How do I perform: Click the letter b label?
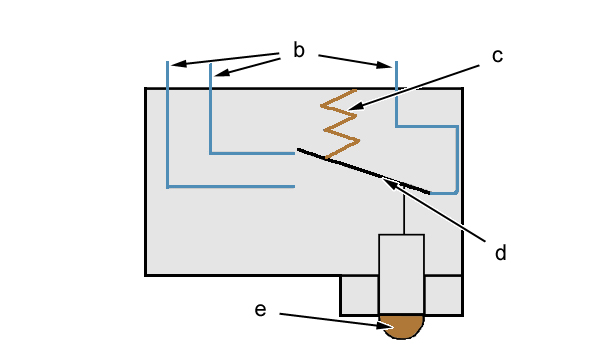point(298,50)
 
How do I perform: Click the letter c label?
point(497,56)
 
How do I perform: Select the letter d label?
point(500,253)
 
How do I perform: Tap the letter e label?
point(260,310)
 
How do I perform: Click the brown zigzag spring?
point(340,124)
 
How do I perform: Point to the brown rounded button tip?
point(402,325)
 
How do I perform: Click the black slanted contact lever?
point(363,171)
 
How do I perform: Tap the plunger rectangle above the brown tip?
point(402,274)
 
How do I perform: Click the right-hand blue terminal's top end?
point(397,62)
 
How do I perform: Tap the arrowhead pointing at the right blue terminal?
point(384,65)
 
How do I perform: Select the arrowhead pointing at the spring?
point(356,106)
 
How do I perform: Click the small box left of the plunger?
point(359,295)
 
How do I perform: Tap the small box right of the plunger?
point(444,295)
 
